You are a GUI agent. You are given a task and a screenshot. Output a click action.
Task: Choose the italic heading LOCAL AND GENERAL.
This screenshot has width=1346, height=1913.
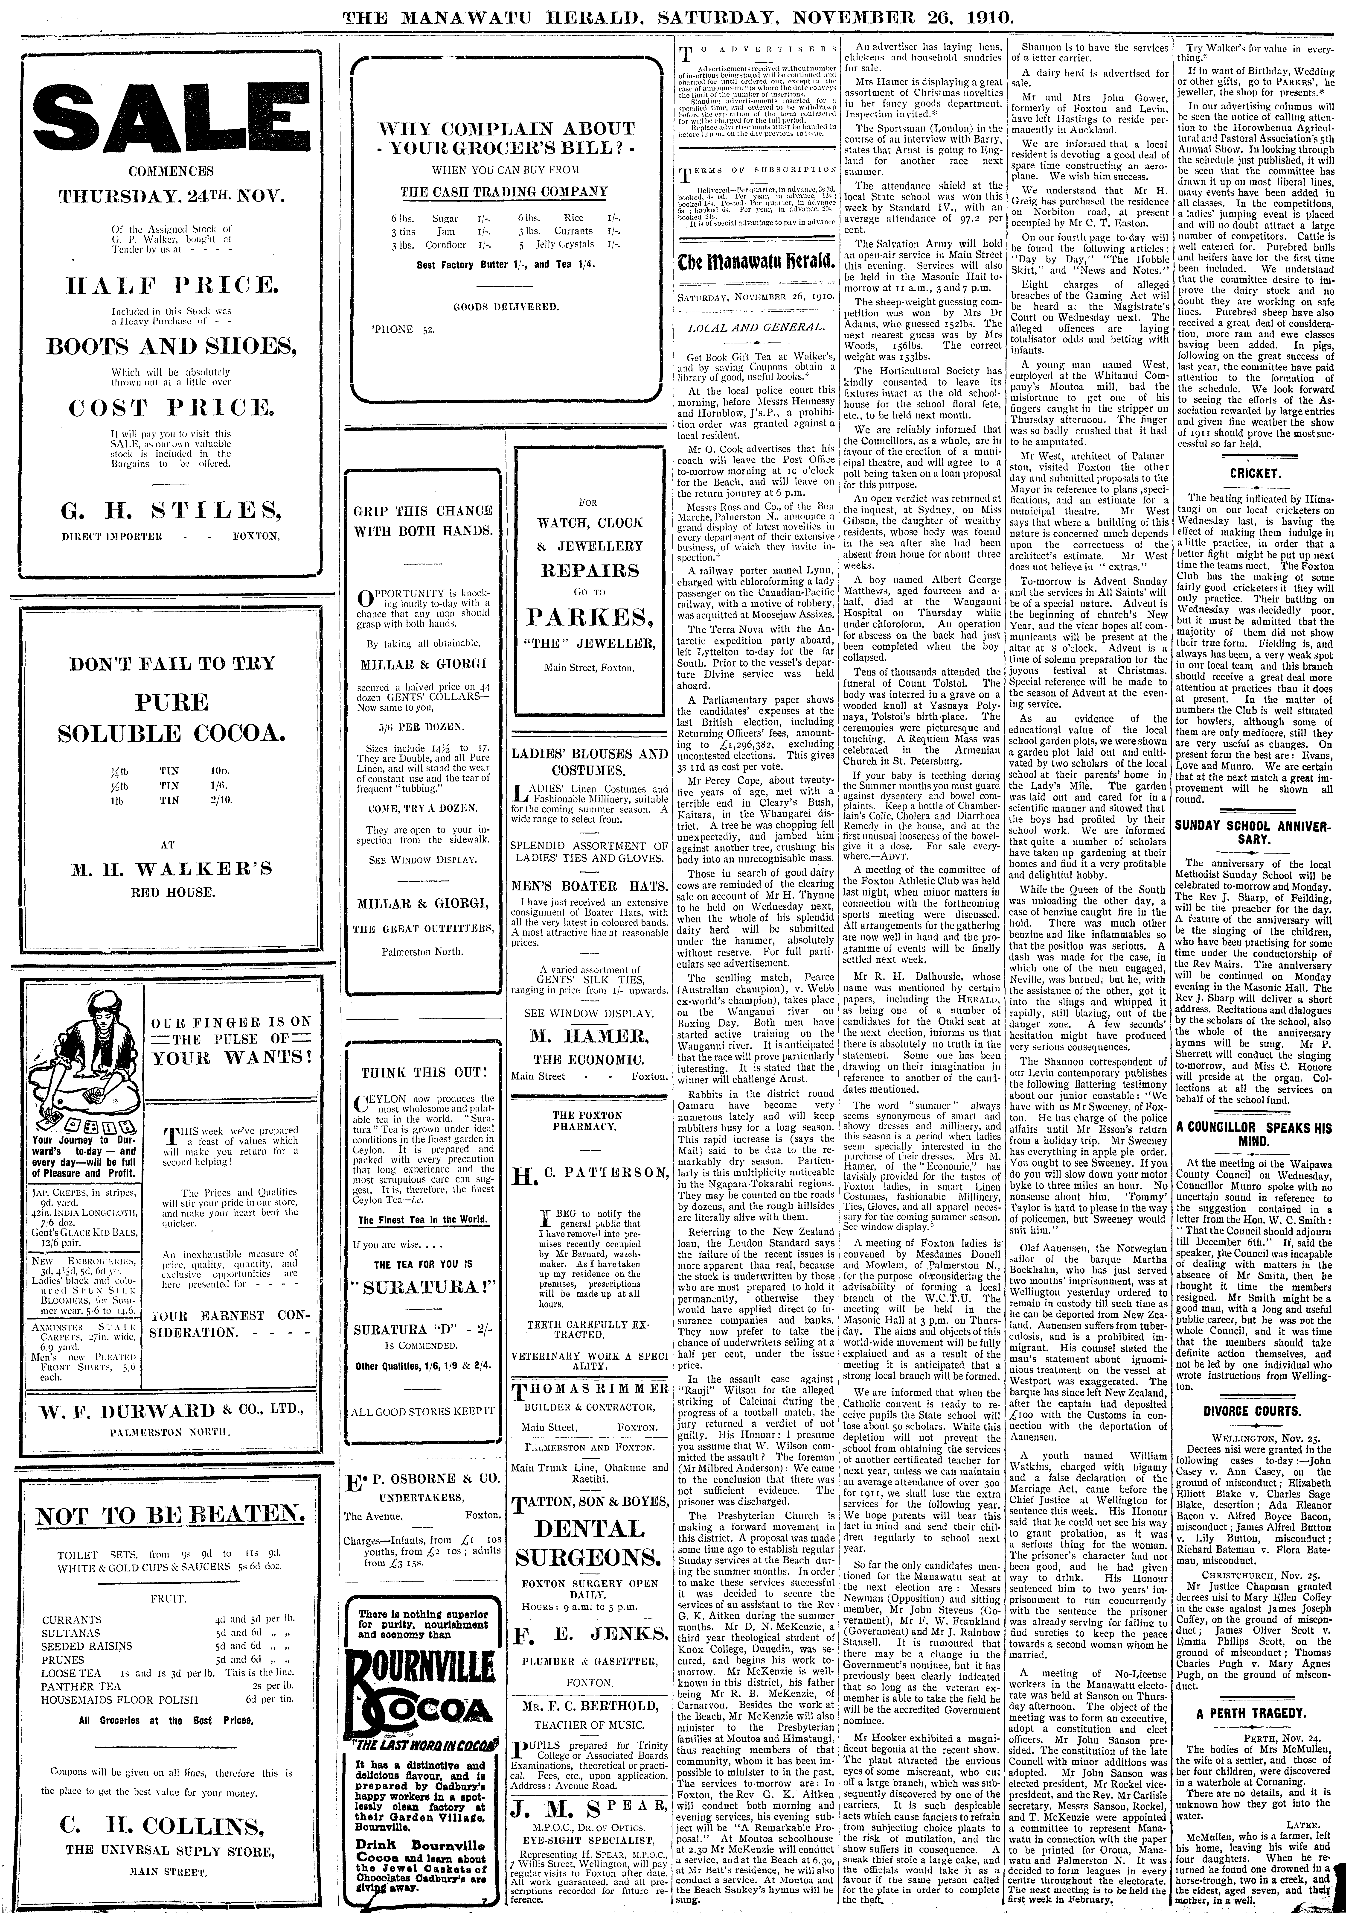(756, 328)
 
